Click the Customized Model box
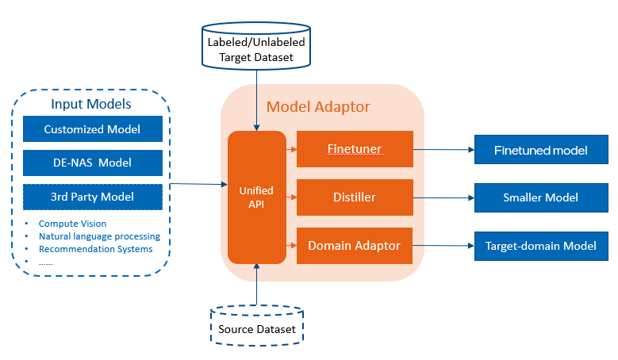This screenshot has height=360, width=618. click(92, 129)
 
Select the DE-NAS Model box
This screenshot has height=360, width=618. click(92, 163)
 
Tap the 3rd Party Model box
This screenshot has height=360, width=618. click(92, 197)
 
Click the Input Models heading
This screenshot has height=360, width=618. click(91, 105)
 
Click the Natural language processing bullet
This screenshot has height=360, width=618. click(99, 236)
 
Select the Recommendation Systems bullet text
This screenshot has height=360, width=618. click(95, 249)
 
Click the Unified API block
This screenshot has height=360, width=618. click(256, 197)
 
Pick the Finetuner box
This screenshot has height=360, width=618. click(355, 149)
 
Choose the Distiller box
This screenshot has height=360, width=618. click(355, 197)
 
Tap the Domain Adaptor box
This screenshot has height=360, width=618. click(355, 246)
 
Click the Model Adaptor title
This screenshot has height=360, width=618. click(318, 106)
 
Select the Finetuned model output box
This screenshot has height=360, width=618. click(541, 149)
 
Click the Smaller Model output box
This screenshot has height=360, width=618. click(541, 197)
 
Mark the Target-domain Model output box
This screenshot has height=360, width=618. click(541, 246)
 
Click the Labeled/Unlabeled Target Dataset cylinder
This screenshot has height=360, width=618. click(255, 48)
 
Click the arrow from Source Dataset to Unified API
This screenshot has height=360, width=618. click(256, 285)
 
